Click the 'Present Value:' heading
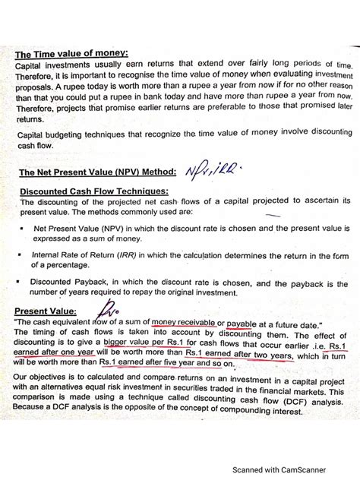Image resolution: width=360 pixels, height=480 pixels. point(45,311)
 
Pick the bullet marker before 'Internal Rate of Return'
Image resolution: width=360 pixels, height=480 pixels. point(24,254)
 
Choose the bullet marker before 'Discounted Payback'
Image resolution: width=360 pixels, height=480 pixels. point(24,280)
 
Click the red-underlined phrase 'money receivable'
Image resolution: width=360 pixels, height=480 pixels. point(183,323)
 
